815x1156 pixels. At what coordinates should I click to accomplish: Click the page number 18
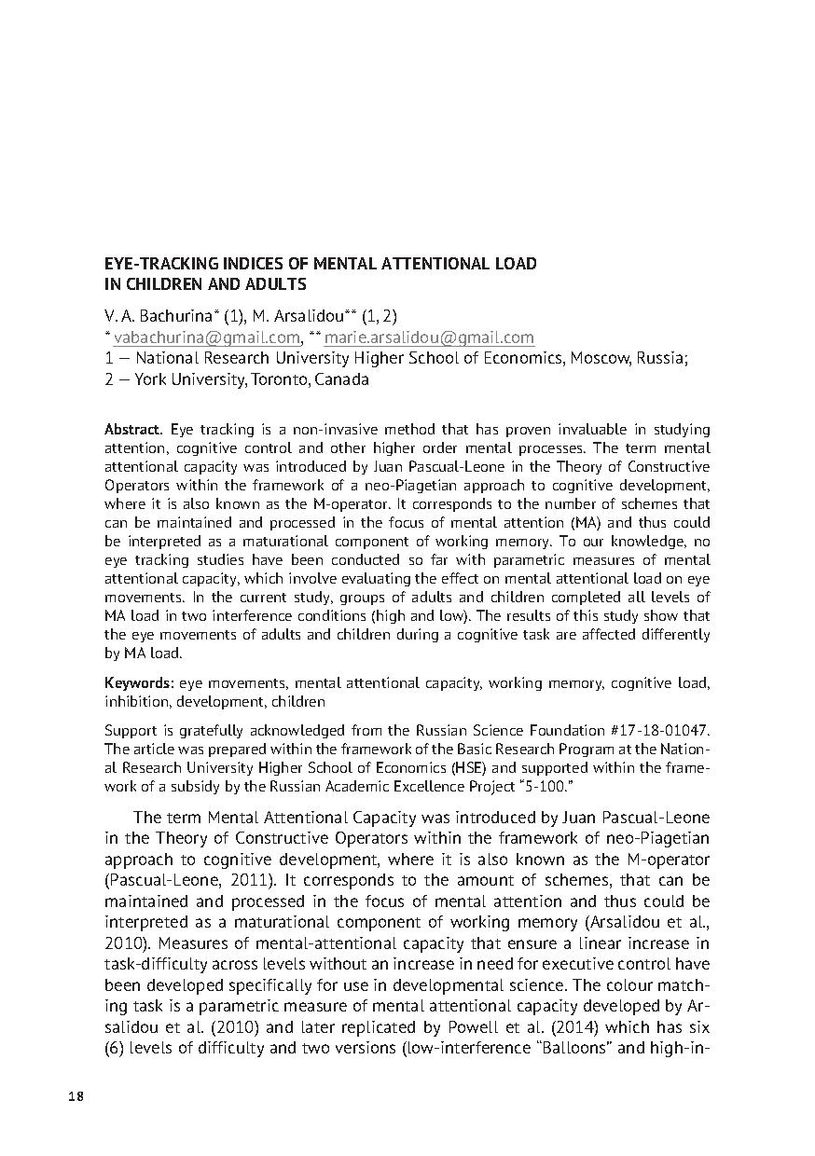76,1096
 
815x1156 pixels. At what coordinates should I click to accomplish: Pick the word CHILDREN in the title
165,284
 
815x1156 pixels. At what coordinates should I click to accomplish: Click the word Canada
342,379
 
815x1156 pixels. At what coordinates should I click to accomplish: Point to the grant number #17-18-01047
659,729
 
